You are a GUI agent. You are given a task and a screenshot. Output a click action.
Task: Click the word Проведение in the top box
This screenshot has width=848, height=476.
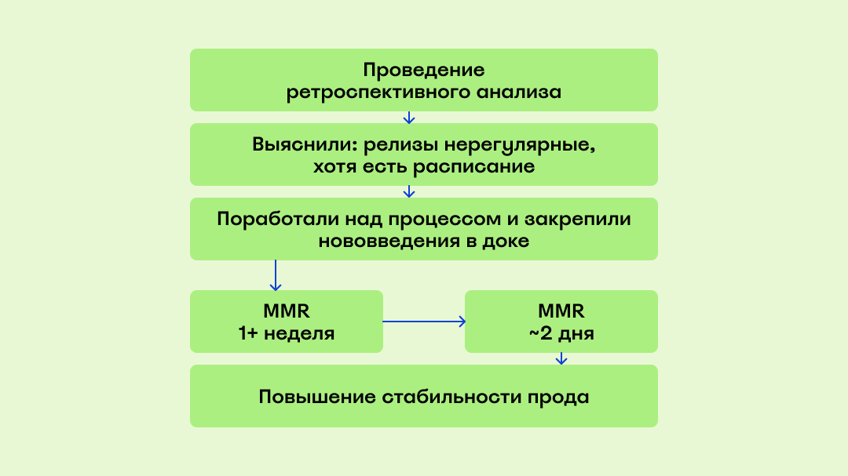424,70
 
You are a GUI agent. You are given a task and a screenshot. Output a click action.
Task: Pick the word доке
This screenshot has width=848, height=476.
507,242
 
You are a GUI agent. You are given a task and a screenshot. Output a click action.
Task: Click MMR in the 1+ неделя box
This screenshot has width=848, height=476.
287,310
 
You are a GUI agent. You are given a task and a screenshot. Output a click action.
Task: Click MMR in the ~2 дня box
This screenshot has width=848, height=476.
561,310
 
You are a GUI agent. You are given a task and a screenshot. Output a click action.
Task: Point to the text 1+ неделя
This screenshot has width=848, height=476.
287,333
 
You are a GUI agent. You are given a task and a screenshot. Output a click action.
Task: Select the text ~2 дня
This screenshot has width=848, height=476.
561,333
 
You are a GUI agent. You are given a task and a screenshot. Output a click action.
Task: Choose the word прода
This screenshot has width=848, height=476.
559,397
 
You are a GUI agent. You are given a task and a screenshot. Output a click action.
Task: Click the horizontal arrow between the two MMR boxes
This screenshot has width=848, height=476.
424,322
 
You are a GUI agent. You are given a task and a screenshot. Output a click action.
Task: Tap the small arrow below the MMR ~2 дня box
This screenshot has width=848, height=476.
561,359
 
